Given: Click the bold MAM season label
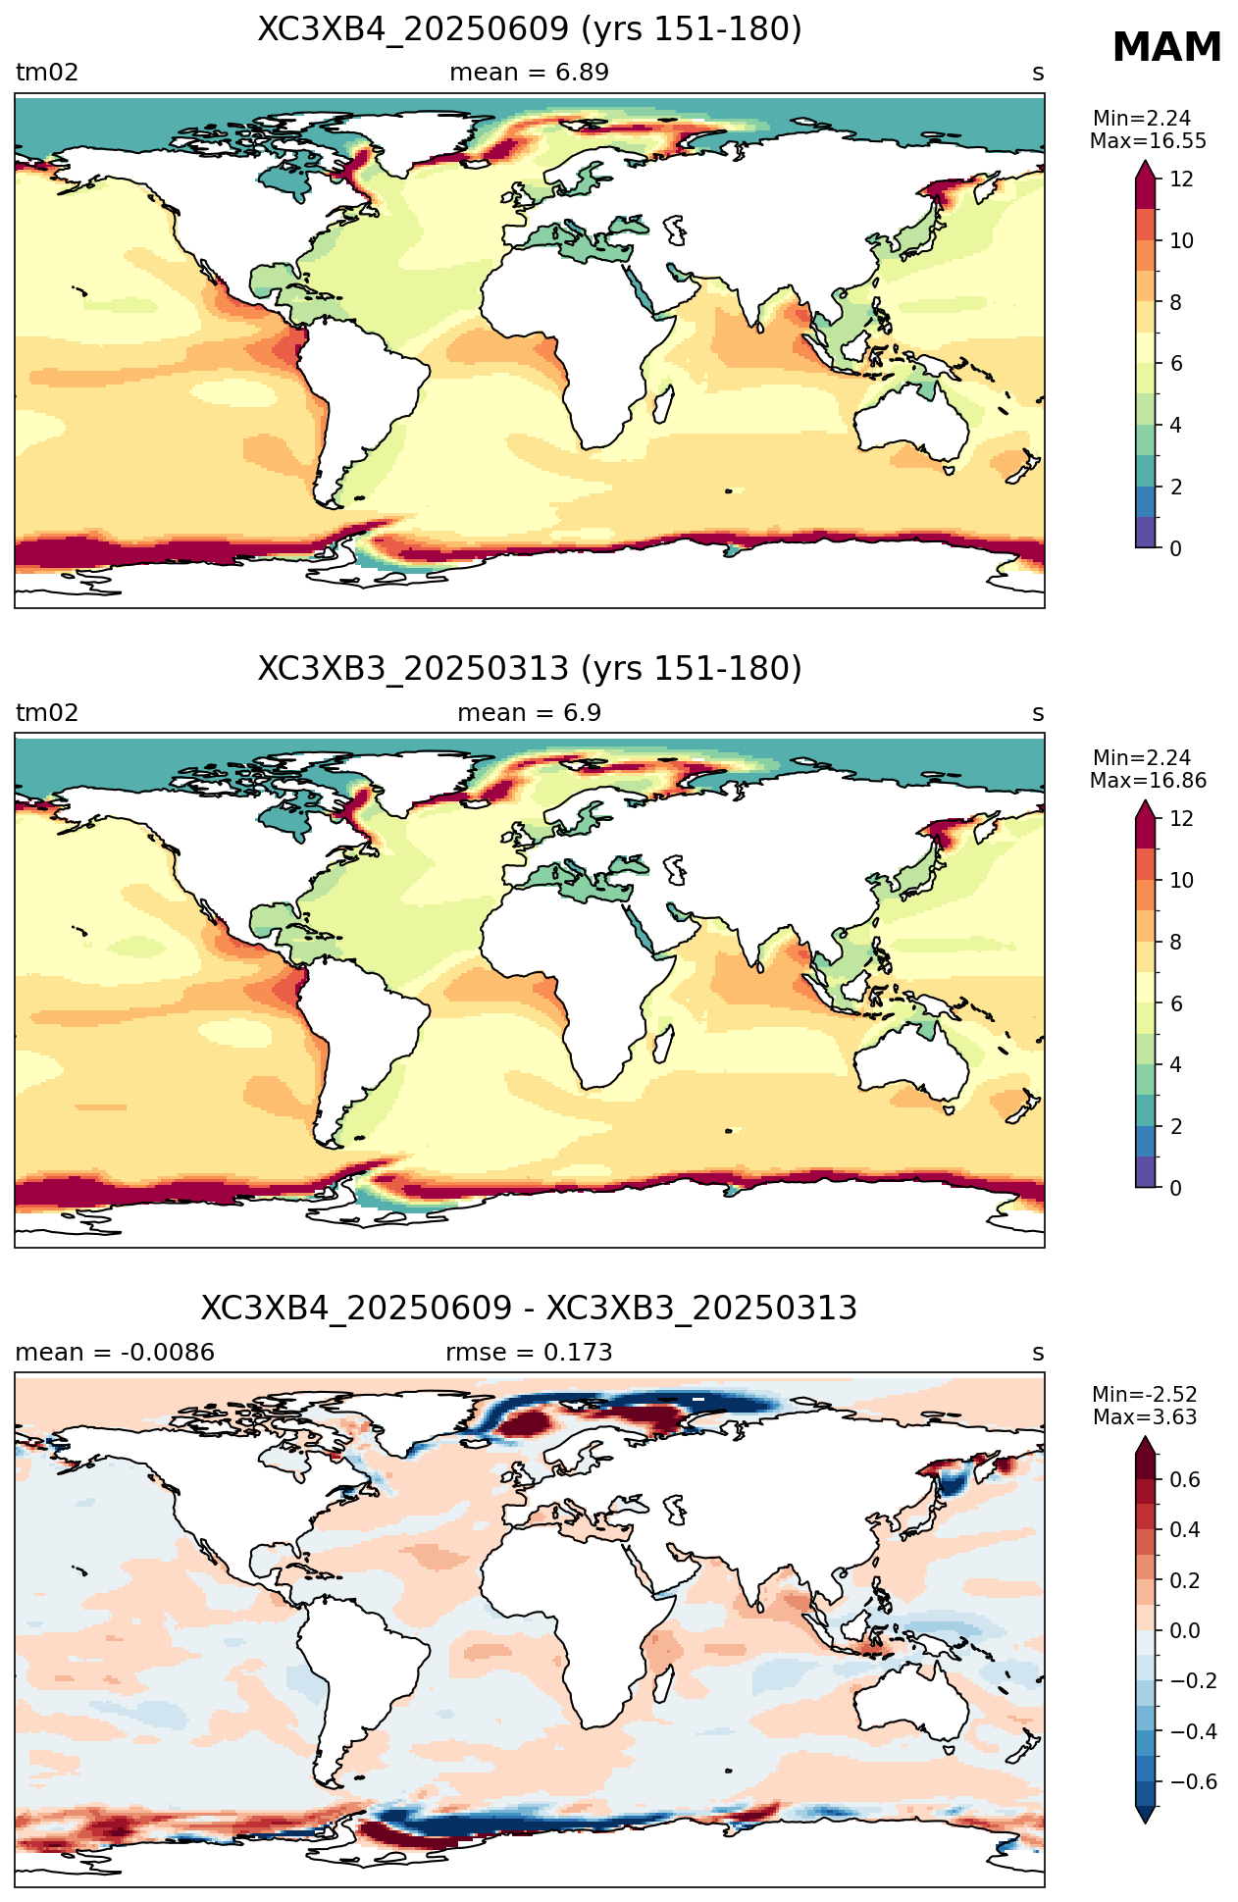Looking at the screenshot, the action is [x=1166, y=47].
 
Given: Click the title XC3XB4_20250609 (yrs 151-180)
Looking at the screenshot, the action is [x=530, y=29].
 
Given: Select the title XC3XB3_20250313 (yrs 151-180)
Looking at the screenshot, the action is [x=530, y=669].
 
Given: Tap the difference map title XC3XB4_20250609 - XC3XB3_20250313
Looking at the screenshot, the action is [x=530, y=1309].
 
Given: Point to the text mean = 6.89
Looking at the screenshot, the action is [x=530, y=73].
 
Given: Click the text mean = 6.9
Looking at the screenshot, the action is [x=530, y=712].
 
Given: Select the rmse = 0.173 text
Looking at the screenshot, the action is [x=530, y=1353].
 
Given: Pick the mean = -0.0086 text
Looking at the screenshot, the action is [x=115, y=1353].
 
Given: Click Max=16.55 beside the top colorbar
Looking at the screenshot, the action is [x=1148, y=141].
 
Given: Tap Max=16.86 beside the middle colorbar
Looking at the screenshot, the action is [x=1148, y=781].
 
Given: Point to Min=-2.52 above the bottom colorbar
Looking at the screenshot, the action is [x=1145, y=1395].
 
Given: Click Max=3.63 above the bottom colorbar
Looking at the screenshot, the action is [x=1145, y=1417].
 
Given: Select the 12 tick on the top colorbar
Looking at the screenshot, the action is [x=1182, y=179].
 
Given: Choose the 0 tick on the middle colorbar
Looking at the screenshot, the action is [x=1176, y=1188].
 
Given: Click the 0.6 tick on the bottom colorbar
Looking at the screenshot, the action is [x=1186, y=1479].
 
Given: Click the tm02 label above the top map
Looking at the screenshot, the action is [x=46, y=73].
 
